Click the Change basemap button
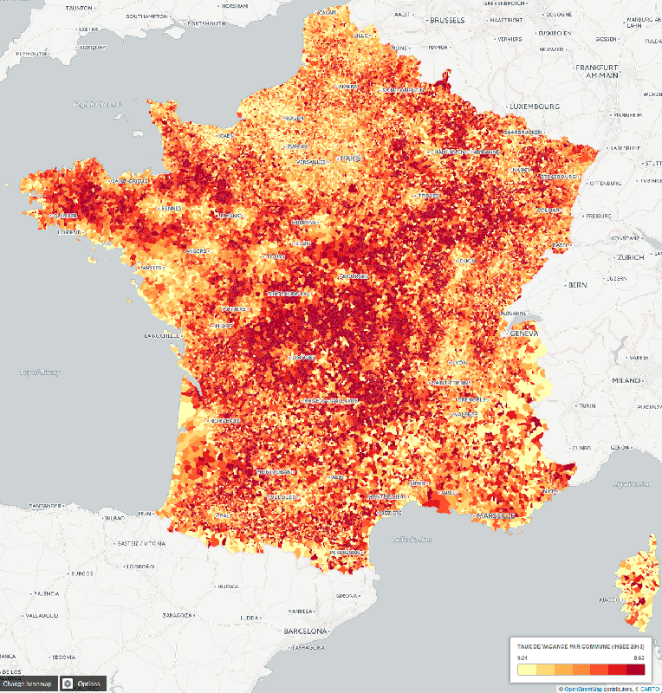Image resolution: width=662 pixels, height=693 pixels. (28, 683)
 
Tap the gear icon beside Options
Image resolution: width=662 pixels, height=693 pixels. (67, 683)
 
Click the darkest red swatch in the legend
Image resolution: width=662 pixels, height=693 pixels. (636, 669)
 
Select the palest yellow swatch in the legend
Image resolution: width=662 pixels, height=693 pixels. (526, 669)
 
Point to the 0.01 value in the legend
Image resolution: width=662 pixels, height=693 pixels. (522, 658)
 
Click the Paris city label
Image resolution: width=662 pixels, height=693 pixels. (350, 159)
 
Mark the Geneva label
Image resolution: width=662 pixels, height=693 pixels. (524, 333)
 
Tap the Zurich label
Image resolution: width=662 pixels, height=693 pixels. (630, 258)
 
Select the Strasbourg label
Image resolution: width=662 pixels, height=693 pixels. (560, 176)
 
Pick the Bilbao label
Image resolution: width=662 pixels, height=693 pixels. (115, 517)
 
